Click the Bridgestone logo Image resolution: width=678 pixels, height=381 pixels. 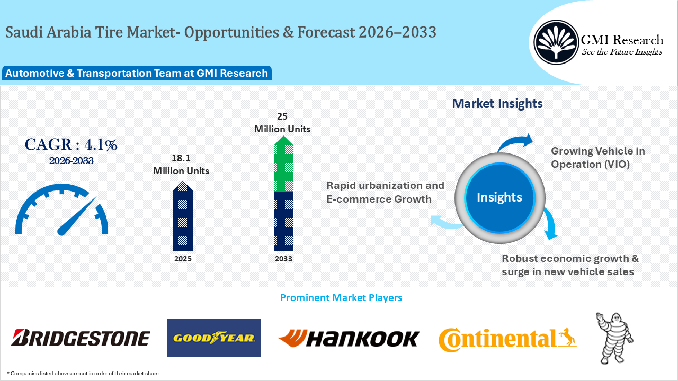click(x=80, y=338)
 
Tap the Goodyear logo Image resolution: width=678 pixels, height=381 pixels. click(x=214, y=338)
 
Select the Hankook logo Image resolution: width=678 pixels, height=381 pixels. click(x=349, y=338)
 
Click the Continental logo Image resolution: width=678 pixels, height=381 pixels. click(x=507, y=339)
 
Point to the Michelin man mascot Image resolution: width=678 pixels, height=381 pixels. click(x=614, y=338)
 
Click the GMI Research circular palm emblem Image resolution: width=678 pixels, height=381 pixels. click(x=556, y=42)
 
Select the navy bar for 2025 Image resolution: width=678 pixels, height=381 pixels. click(x=183, y=216)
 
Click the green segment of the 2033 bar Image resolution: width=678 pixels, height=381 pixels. click(x=283, y=164)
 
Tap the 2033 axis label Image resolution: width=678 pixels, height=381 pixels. click(x=283, y=259)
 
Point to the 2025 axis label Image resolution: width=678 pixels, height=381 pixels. click(x=183, y=259)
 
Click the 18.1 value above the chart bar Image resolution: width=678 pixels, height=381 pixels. click(x=181, y=158)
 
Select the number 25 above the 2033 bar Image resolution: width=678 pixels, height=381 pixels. click(x=282, y=116)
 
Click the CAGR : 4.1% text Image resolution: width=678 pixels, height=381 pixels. click(x=71, y=144)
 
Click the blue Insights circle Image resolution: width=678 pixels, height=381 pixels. click(x=499, y=198)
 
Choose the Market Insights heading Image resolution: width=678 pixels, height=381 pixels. click(x=497, y=103)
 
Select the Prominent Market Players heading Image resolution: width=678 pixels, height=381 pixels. click(x=341, y=297)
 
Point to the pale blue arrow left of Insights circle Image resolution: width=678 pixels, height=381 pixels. click(x=447, y=222)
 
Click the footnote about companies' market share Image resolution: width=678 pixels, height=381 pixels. click(x=83, y=374)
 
